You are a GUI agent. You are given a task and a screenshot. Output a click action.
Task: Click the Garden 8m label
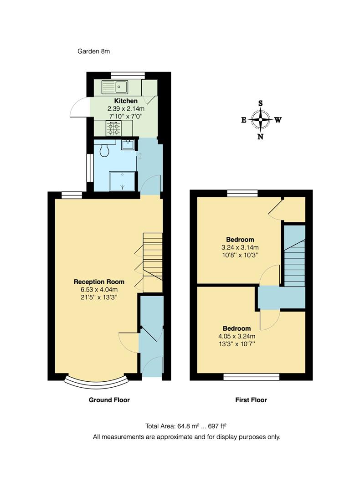pyautogui.click(x=93, y=51)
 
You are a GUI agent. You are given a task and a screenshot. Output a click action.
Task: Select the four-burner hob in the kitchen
pyautogui.click(x=113, y=128)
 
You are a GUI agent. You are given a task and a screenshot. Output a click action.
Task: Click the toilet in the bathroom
pyautogui.click(x=104, y=150)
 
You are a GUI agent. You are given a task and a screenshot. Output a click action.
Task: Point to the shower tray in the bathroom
pyautogui.click(x=123, y=180)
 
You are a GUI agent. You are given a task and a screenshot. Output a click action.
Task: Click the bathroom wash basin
pyautogui.click(x=128, y=145)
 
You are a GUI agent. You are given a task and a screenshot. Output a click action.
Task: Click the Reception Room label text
pyautogui.click(x=99, y=282)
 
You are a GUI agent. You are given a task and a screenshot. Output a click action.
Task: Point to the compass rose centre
pyautogui.click(x=261, y=120)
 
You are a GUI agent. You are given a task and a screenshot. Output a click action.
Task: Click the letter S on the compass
pyautogui.click(x=261, y=103)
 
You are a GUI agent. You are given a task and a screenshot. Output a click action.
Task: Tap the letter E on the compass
pyautogui.click(x=244, y=120)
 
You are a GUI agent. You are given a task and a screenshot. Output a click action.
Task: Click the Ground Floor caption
pyautogui.click(x=109, y=400)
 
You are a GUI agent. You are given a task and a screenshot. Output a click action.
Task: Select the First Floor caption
pyautogui.click(x=251, y=400)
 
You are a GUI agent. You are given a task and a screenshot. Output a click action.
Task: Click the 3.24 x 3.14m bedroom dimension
pyautogui.click(x=240, y=247)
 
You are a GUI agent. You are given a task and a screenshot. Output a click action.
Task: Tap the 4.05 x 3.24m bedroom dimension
pyautogui.click(x=237, y=336)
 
